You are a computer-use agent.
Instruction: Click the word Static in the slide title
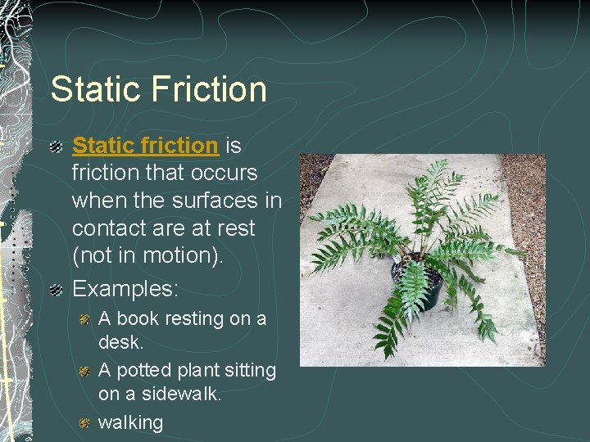[x=93, y=89]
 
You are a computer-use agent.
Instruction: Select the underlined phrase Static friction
[x=145, y=146]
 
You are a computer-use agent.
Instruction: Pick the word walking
[x=130, y=422]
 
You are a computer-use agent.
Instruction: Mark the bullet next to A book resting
[x=84, y=319]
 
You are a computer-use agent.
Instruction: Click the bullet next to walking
[x=84, y=423]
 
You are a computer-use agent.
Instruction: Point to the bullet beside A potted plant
[x=84, y=371]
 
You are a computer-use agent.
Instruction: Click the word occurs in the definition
[x=225, y=174]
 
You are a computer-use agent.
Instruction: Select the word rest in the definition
[x=238, y=228]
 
